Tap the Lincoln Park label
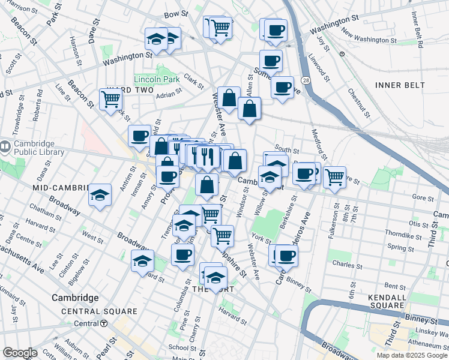157,79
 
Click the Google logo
20,353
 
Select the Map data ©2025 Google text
411,355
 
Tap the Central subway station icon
103,323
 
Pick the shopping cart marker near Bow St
221,27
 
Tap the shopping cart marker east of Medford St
334,176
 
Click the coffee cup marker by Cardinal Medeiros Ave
286,256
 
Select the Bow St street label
172,13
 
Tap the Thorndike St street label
402,235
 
